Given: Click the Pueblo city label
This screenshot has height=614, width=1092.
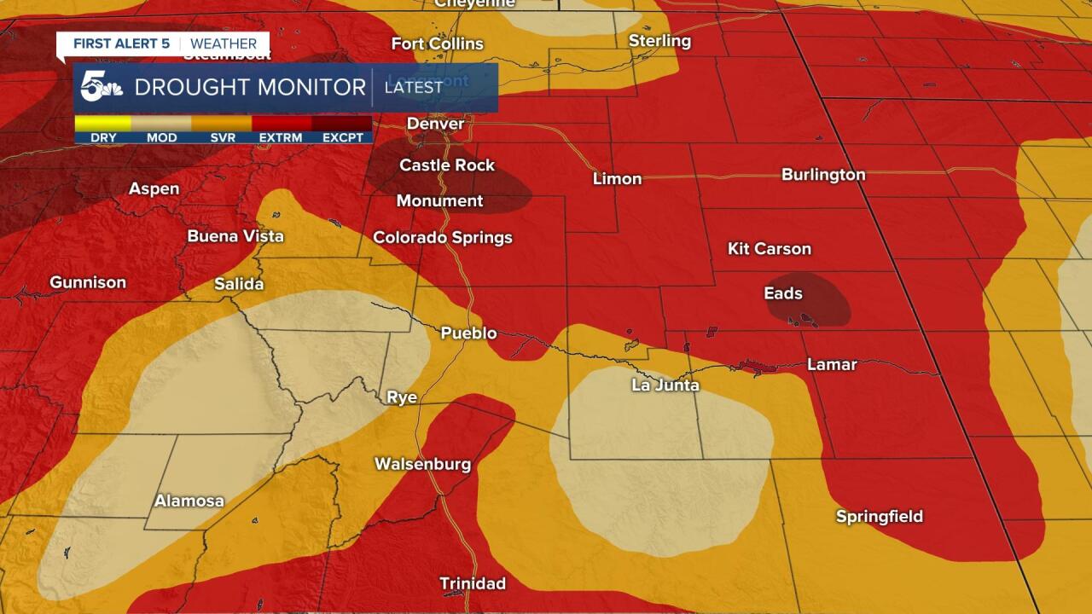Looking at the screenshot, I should point(468,333).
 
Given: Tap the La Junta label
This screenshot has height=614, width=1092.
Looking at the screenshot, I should point(665,385).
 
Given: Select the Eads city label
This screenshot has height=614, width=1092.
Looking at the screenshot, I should point(782,293).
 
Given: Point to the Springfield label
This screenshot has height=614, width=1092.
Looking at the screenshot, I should point(879,516).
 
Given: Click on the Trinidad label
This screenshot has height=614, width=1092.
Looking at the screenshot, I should point(472,583).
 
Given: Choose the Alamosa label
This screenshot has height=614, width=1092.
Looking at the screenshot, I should point(189,501).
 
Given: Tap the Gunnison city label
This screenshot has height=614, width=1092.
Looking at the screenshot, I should point(88,282).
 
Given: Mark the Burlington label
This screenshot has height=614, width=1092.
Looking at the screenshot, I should point(823,175).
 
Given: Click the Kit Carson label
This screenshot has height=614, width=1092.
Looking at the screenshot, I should point(769,248).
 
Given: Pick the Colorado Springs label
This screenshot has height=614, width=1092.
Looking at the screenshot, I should point(443,237).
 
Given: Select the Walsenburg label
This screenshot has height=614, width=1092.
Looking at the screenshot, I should point(422,464).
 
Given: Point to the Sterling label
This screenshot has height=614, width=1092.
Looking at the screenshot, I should point(659,41).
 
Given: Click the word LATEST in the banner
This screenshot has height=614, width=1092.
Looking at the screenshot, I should point(414,87).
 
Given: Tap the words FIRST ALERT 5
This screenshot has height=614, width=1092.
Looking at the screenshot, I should point(119,44).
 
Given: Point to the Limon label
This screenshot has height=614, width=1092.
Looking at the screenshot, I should point(617,178).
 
